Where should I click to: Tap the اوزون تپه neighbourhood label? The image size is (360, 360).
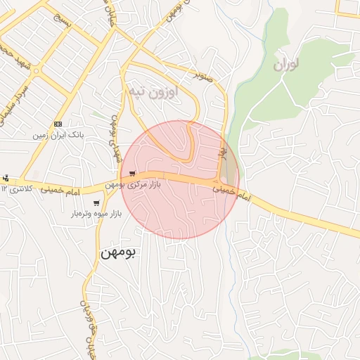[153, 91]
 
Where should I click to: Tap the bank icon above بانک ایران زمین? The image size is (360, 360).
[58, 122]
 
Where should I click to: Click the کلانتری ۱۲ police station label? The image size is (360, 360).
[18, 188]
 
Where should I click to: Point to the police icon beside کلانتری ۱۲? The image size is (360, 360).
[6, 178]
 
